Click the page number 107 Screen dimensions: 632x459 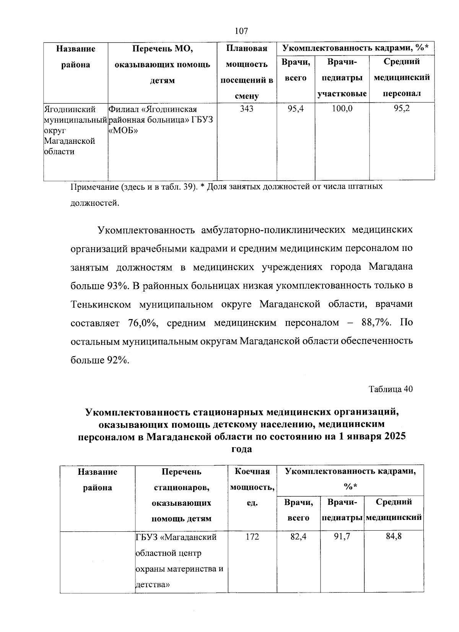[x=241, y=31]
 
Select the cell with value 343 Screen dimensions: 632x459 [x=246, y=109]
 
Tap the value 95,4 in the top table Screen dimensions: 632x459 [x=296, y=109]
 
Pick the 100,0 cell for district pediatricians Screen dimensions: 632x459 [x=342, y=109]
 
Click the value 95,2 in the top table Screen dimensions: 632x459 [x=402, y=109]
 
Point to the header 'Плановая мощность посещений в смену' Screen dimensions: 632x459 [x=246, y=72]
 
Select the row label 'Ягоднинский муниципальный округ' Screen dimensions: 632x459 [x=75, y=130]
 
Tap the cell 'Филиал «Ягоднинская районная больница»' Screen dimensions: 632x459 [x=161, y=120]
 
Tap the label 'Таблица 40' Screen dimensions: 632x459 [x=391, y=389]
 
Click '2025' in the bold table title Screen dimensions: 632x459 [x=393, y=437]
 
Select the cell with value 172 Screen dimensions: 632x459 [x=252, y=537]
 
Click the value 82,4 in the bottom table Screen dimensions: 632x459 [x=298, y=537]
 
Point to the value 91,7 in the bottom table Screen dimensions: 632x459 [x=342, y=537]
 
